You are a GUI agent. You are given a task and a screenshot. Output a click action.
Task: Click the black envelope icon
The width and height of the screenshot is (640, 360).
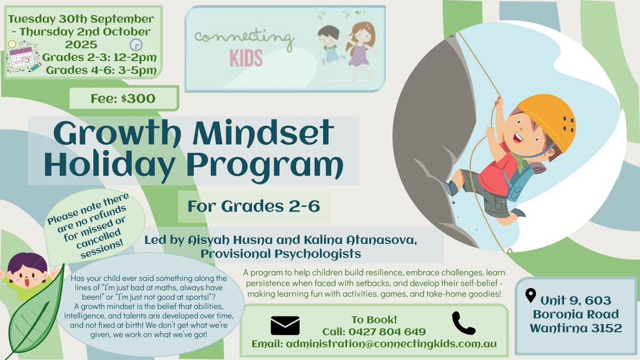(285, 325)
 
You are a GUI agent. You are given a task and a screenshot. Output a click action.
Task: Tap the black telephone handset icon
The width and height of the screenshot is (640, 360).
(463, 323)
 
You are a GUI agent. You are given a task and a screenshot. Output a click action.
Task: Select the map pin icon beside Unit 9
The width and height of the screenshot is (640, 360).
(531, 295)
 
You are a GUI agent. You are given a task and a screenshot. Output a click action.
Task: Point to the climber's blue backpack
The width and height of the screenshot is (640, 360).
(518, 183)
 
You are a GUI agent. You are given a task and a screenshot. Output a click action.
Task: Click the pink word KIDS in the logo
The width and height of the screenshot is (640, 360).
(246, 58)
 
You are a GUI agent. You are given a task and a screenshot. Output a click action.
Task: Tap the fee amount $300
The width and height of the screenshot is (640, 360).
(138, 99)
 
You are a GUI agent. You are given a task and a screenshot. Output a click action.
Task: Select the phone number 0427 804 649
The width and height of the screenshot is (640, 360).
(387, 332)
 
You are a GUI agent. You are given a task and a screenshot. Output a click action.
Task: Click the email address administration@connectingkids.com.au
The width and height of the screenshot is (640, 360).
(391, 344)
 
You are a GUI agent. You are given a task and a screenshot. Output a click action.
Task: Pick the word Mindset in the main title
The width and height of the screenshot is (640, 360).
(263, 134)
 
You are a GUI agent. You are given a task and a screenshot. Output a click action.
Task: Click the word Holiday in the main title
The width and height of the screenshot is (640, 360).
(109, 166)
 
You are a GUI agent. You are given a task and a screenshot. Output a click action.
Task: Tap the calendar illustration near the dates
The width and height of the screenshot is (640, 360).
(23, 58)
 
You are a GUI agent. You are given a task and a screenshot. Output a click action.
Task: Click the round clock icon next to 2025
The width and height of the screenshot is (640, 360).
(136, 45)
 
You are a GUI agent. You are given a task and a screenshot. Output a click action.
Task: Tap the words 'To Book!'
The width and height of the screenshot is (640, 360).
(374, 319)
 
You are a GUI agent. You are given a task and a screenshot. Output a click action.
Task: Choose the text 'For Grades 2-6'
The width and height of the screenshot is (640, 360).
(254, 206)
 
